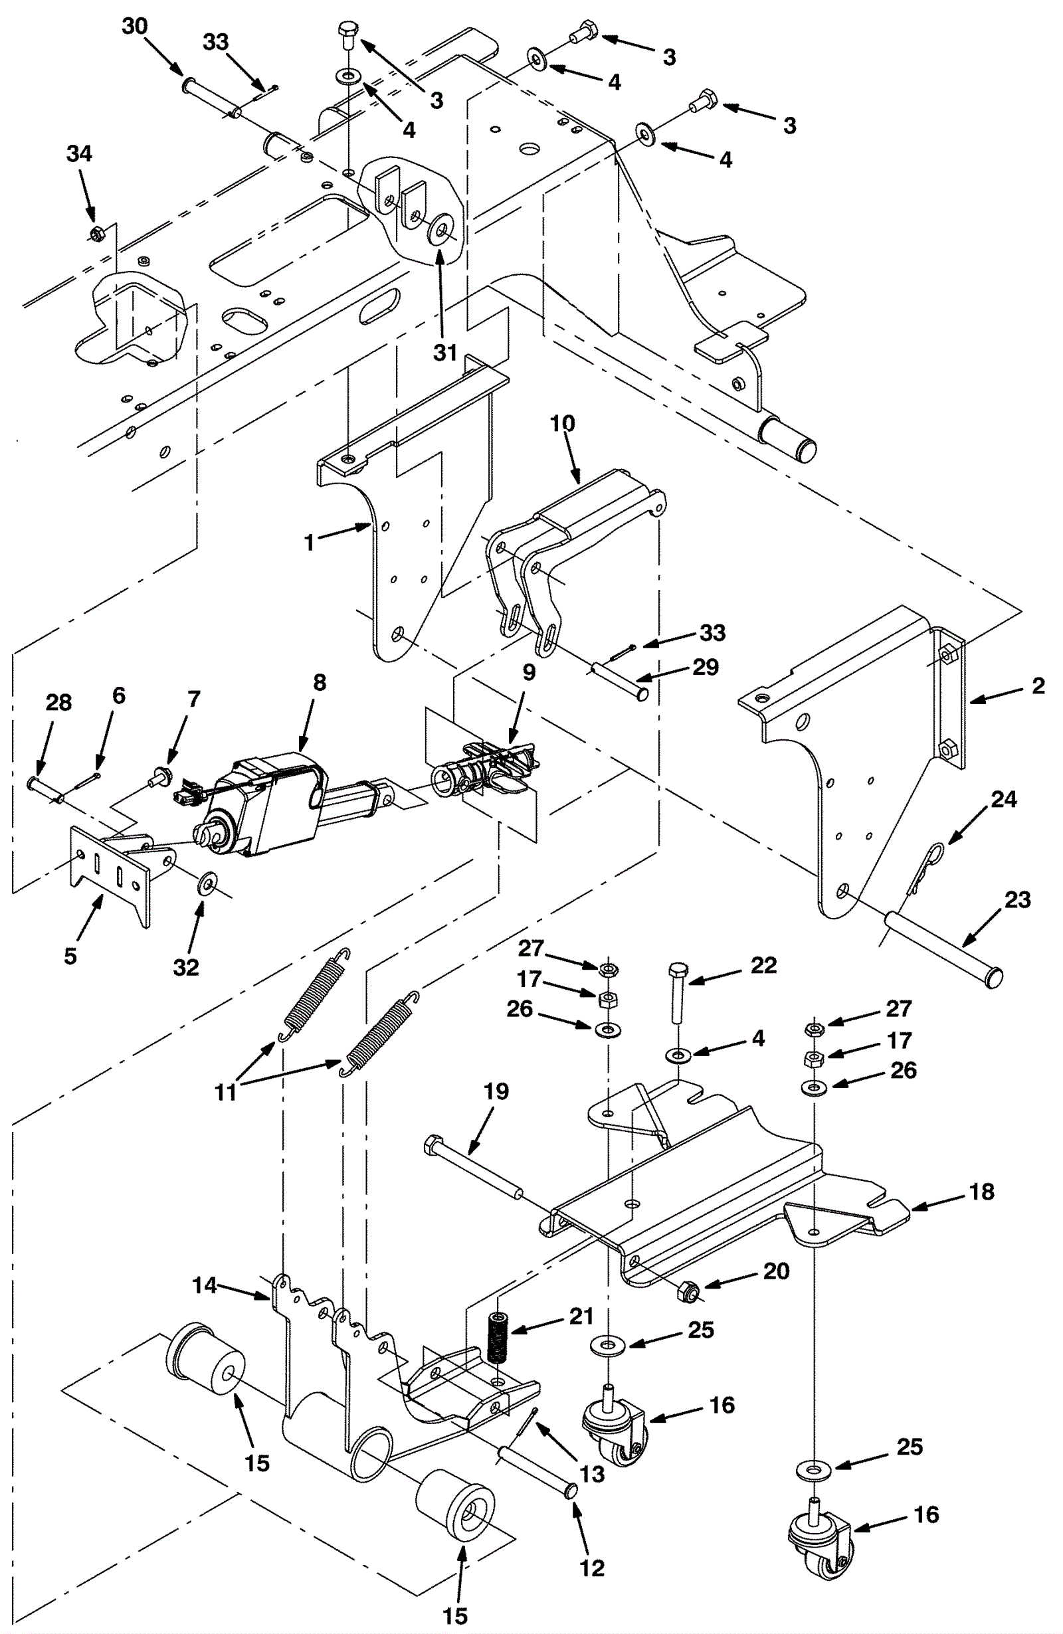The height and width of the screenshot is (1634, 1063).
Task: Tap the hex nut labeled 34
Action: pyautogui.click(x=97, y=233)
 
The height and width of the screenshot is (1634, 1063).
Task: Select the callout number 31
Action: pyautogui.click(x=445, y=352)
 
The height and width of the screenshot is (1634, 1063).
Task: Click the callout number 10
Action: pyautogui.click(x=563, y=423)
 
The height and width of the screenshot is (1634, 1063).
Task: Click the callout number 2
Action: pyautogui.click(x=1038, y=685)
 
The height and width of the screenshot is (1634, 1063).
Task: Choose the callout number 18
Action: pyautogui.click(x=982, y=1191)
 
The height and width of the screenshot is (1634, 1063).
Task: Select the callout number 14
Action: pyautogui.click(x=205, y=1285)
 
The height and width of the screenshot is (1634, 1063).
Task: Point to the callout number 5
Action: pyautogui.click(x=70, y=956)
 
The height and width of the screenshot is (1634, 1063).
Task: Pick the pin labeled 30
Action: pyautogui.click(x=212, y=98)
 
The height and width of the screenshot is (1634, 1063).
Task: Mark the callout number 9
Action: pyautogui.click(x=529, y=672)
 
